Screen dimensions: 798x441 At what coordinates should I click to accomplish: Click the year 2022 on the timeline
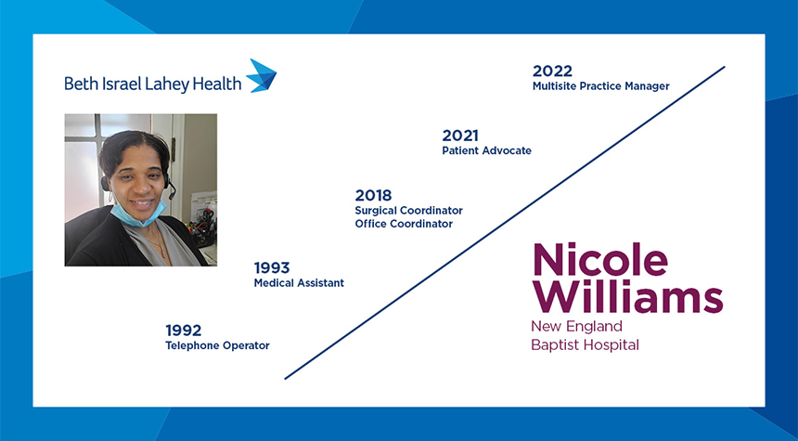[552, 71]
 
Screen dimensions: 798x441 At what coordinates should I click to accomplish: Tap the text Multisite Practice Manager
[601, 86]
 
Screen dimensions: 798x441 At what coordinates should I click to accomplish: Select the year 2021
[460, 136]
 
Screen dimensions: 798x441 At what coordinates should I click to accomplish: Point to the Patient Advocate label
[486, 150]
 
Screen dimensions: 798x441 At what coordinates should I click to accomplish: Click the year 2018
[374, 195]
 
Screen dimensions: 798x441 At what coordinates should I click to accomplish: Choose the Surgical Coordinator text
[408, 211]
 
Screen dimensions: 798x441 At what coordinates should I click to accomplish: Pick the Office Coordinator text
[404, 224]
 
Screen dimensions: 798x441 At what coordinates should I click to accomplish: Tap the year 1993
[272, 267]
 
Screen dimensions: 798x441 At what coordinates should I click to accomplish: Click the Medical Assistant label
[299, 282]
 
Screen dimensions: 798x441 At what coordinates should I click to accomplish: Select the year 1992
[183, 330]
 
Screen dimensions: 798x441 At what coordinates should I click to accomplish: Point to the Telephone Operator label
[217, 345]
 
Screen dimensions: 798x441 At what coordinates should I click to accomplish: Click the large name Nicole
[600, 260]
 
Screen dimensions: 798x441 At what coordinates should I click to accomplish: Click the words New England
[576, 326]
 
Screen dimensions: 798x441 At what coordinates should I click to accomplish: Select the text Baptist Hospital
[585, 345]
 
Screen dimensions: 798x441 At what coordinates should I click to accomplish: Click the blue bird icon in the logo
[262, 76]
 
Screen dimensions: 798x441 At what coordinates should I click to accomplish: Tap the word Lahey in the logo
[168, 84]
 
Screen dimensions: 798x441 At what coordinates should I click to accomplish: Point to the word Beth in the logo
[82, 84]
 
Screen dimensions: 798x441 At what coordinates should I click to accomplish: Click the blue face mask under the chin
[137, 214]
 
